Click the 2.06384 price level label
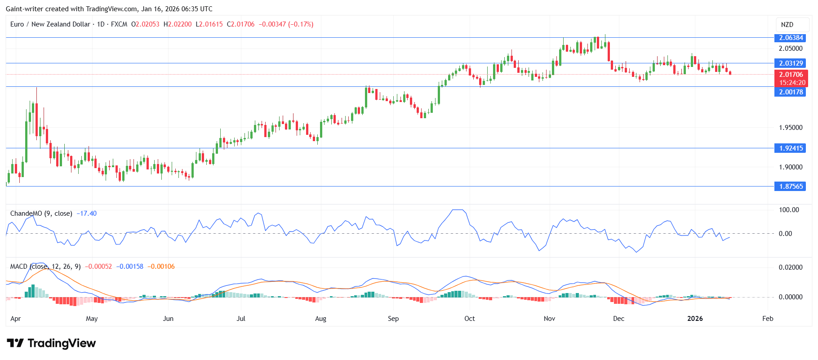pos(791,38)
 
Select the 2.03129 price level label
pos(791,63)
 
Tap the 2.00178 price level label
pos(791,92)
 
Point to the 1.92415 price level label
pos(791,148)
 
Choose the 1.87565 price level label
pos(791,187)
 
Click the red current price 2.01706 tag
pos(791,75)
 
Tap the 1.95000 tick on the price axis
pos(791,128)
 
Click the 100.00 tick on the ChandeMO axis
pos(789,210)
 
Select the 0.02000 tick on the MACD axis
pos(791,267)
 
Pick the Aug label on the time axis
pos(320,319)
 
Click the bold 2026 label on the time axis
pos(695,319)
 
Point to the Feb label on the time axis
pos(768,319)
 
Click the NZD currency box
pos(787,25)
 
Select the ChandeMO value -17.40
pos(86,213)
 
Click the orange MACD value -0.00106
pos(162,267)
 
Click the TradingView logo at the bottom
pos(51,343)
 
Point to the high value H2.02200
pos(178,24)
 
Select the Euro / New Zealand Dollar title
pos(50,24)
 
